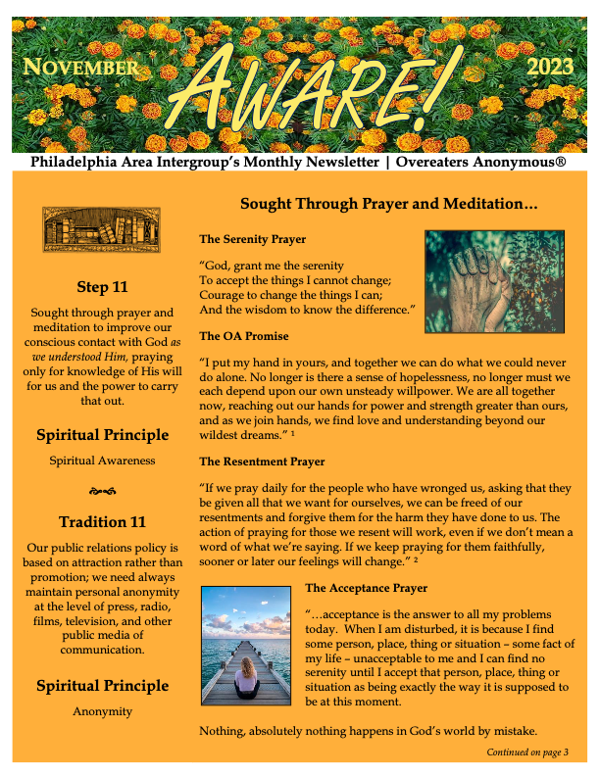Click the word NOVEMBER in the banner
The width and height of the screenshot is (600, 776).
click(80, 69)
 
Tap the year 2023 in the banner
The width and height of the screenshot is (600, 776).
click(553, 68)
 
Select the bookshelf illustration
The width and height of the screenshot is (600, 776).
click(101, 230)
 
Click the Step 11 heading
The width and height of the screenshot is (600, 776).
click(101, 287)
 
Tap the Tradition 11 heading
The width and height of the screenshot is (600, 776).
click(102, 521)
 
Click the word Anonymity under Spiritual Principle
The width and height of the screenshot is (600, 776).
click(102, 711)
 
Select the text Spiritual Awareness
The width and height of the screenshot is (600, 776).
click(102, 460)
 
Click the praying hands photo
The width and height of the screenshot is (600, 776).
click(494, 281)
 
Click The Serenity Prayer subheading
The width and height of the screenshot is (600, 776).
click(252, 239)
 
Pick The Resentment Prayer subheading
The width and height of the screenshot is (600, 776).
click(262, 461)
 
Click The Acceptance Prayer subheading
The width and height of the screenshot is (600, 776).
click(366, 589)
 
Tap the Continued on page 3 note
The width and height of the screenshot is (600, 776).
click(527, 752)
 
